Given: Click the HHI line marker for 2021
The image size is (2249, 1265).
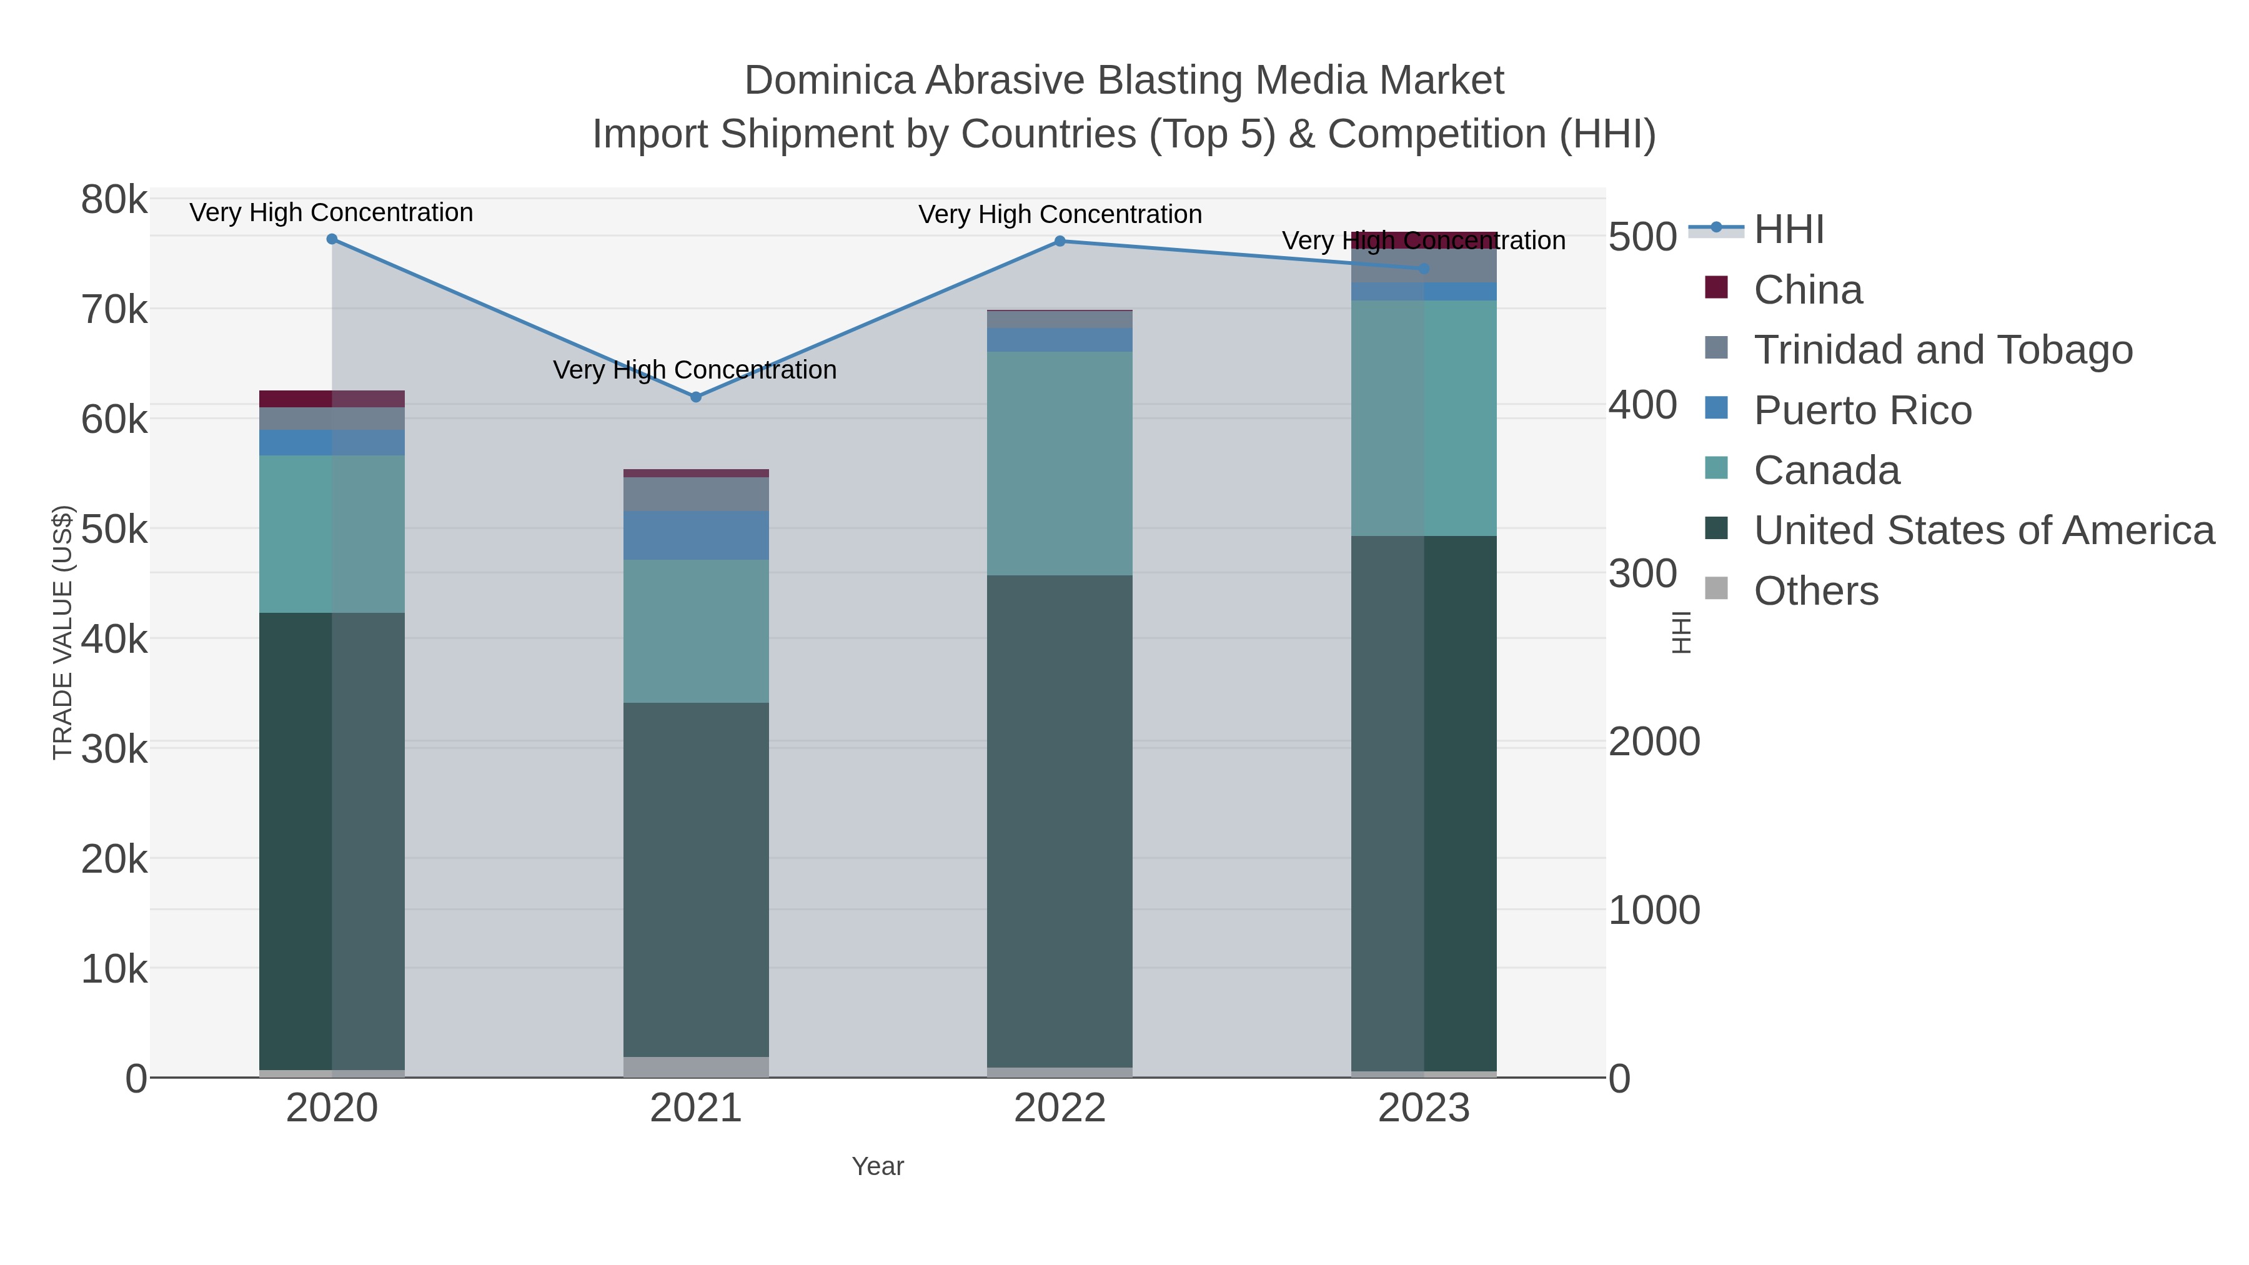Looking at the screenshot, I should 696,397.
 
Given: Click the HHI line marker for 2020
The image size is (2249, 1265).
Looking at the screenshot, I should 332,239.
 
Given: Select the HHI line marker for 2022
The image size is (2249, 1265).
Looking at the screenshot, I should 1060,241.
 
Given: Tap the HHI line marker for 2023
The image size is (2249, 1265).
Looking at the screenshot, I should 1424,269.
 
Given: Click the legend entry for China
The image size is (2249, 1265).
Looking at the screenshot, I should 1807,290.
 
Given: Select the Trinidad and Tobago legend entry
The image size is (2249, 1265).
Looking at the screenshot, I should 1942,350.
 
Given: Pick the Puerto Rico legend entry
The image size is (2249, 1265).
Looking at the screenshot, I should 1862,410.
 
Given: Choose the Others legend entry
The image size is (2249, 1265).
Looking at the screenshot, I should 1816,591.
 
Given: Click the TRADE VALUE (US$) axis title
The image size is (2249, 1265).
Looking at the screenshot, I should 63,632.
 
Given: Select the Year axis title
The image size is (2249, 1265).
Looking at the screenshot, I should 878,1166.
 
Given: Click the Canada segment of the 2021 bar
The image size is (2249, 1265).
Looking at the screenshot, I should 696,630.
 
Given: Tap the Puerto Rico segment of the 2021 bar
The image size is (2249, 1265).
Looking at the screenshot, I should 696,535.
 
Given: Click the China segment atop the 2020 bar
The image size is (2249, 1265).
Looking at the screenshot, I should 332,399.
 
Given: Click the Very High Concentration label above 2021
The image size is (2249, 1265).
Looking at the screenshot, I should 695,370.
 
